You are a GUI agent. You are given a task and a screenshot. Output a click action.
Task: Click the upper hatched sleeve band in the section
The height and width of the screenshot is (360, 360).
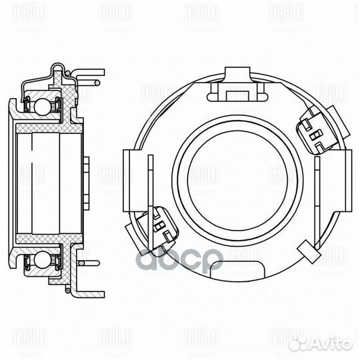(50, 127)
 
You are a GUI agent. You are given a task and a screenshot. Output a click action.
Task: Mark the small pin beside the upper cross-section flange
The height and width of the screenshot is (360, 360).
(97, 82)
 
